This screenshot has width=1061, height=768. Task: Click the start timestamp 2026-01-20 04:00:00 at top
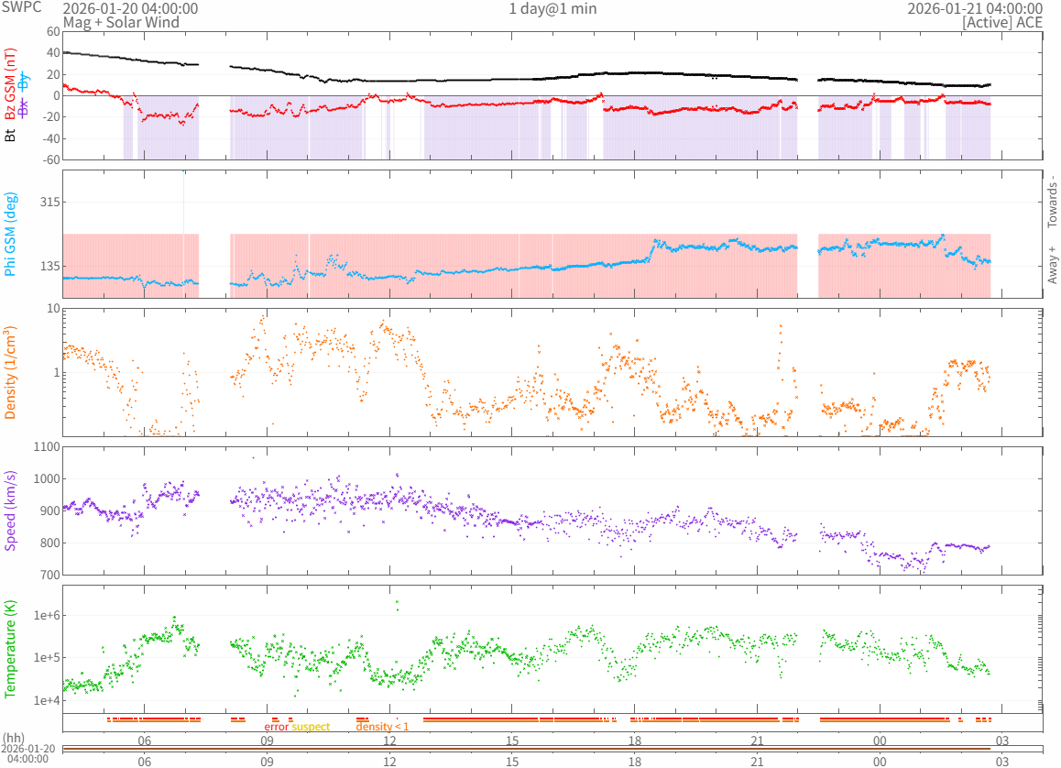tap(130, 9)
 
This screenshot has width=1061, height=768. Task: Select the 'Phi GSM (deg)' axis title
tap(11, 234)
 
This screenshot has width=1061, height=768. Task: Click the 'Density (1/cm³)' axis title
tap(11, 373)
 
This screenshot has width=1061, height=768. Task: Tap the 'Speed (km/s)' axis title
tap(11, 510)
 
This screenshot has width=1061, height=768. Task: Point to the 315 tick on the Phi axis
tap(47, 203)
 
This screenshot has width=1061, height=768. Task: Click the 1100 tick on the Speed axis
tap(43, 447)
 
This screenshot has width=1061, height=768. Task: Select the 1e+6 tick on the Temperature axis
tap(43, 615)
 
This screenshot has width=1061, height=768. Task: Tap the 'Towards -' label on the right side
tap(1052, 202)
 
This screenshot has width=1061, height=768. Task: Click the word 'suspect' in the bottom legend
tap(311, 727)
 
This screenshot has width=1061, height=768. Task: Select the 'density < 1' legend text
tap(382, 727)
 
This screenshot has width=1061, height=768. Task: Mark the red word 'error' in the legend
tap(276, 727)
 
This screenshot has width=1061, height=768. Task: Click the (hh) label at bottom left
tap(14, 738)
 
